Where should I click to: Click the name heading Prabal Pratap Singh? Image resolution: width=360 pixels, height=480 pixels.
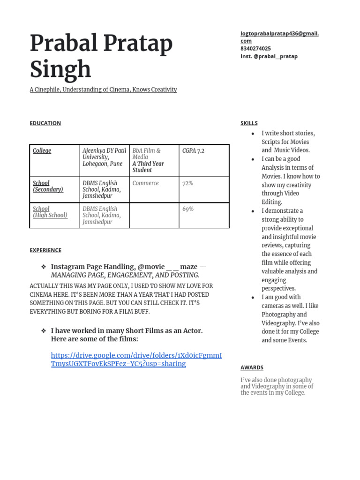point(101,56)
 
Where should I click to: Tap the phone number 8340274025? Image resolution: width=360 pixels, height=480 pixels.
point(255,48)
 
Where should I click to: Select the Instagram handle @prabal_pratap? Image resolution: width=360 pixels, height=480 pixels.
point(269,56)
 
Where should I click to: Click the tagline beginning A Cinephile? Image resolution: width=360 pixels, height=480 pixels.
point(103,90)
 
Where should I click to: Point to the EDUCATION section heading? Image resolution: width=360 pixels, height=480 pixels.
point(45,123)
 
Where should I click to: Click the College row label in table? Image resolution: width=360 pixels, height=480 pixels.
point(42,151)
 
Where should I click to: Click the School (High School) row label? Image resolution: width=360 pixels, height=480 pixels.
point(50,212)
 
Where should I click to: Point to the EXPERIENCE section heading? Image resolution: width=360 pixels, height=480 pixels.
point(45,250)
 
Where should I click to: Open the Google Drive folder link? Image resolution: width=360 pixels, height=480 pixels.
point(136,360)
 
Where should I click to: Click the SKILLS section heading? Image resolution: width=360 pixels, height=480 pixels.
point(249,123)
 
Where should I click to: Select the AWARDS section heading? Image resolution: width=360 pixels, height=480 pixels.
point(252,367)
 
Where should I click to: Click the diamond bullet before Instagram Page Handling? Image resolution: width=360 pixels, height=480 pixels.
point(44,267)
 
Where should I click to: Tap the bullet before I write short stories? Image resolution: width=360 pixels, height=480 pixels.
point(253,134)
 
